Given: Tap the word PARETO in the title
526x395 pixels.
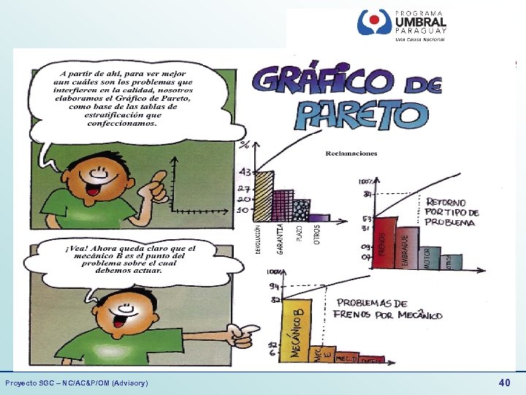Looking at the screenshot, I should [361, 113].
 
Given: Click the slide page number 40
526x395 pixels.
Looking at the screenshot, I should [504, 383].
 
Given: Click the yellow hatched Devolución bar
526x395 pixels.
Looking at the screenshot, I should [264, 195].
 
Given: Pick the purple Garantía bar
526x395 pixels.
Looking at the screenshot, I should [281, 205].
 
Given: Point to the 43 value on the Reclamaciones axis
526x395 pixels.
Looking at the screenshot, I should [245, 173].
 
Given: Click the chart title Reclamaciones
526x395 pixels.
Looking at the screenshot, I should [351, 154].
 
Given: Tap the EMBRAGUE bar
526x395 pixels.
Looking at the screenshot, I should [405, 249].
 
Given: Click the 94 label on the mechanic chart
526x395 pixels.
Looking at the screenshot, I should [274, 286].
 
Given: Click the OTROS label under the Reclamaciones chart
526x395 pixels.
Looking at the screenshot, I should [317, 234].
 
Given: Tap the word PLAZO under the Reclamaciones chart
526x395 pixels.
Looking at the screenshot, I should [299, 233].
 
